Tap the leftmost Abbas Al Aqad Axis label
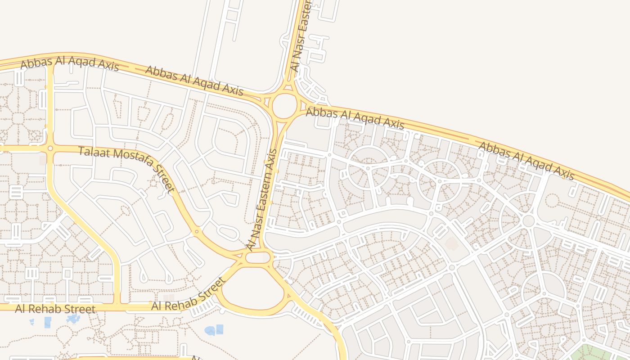[70, 63]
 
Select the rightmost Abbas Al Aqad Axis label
[526, 161]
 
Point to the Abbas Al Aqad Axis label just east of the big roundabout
[355, 118]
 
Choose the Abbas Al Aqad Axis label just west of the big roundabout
[194, 81]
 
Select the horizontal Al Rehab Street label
[55, 309]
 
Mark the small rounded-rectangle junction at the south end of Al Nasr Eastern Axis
[258, 258]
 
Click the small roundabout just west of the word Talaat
[50, 148]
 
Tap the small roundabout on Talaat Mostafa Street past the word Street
[196, 232]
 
